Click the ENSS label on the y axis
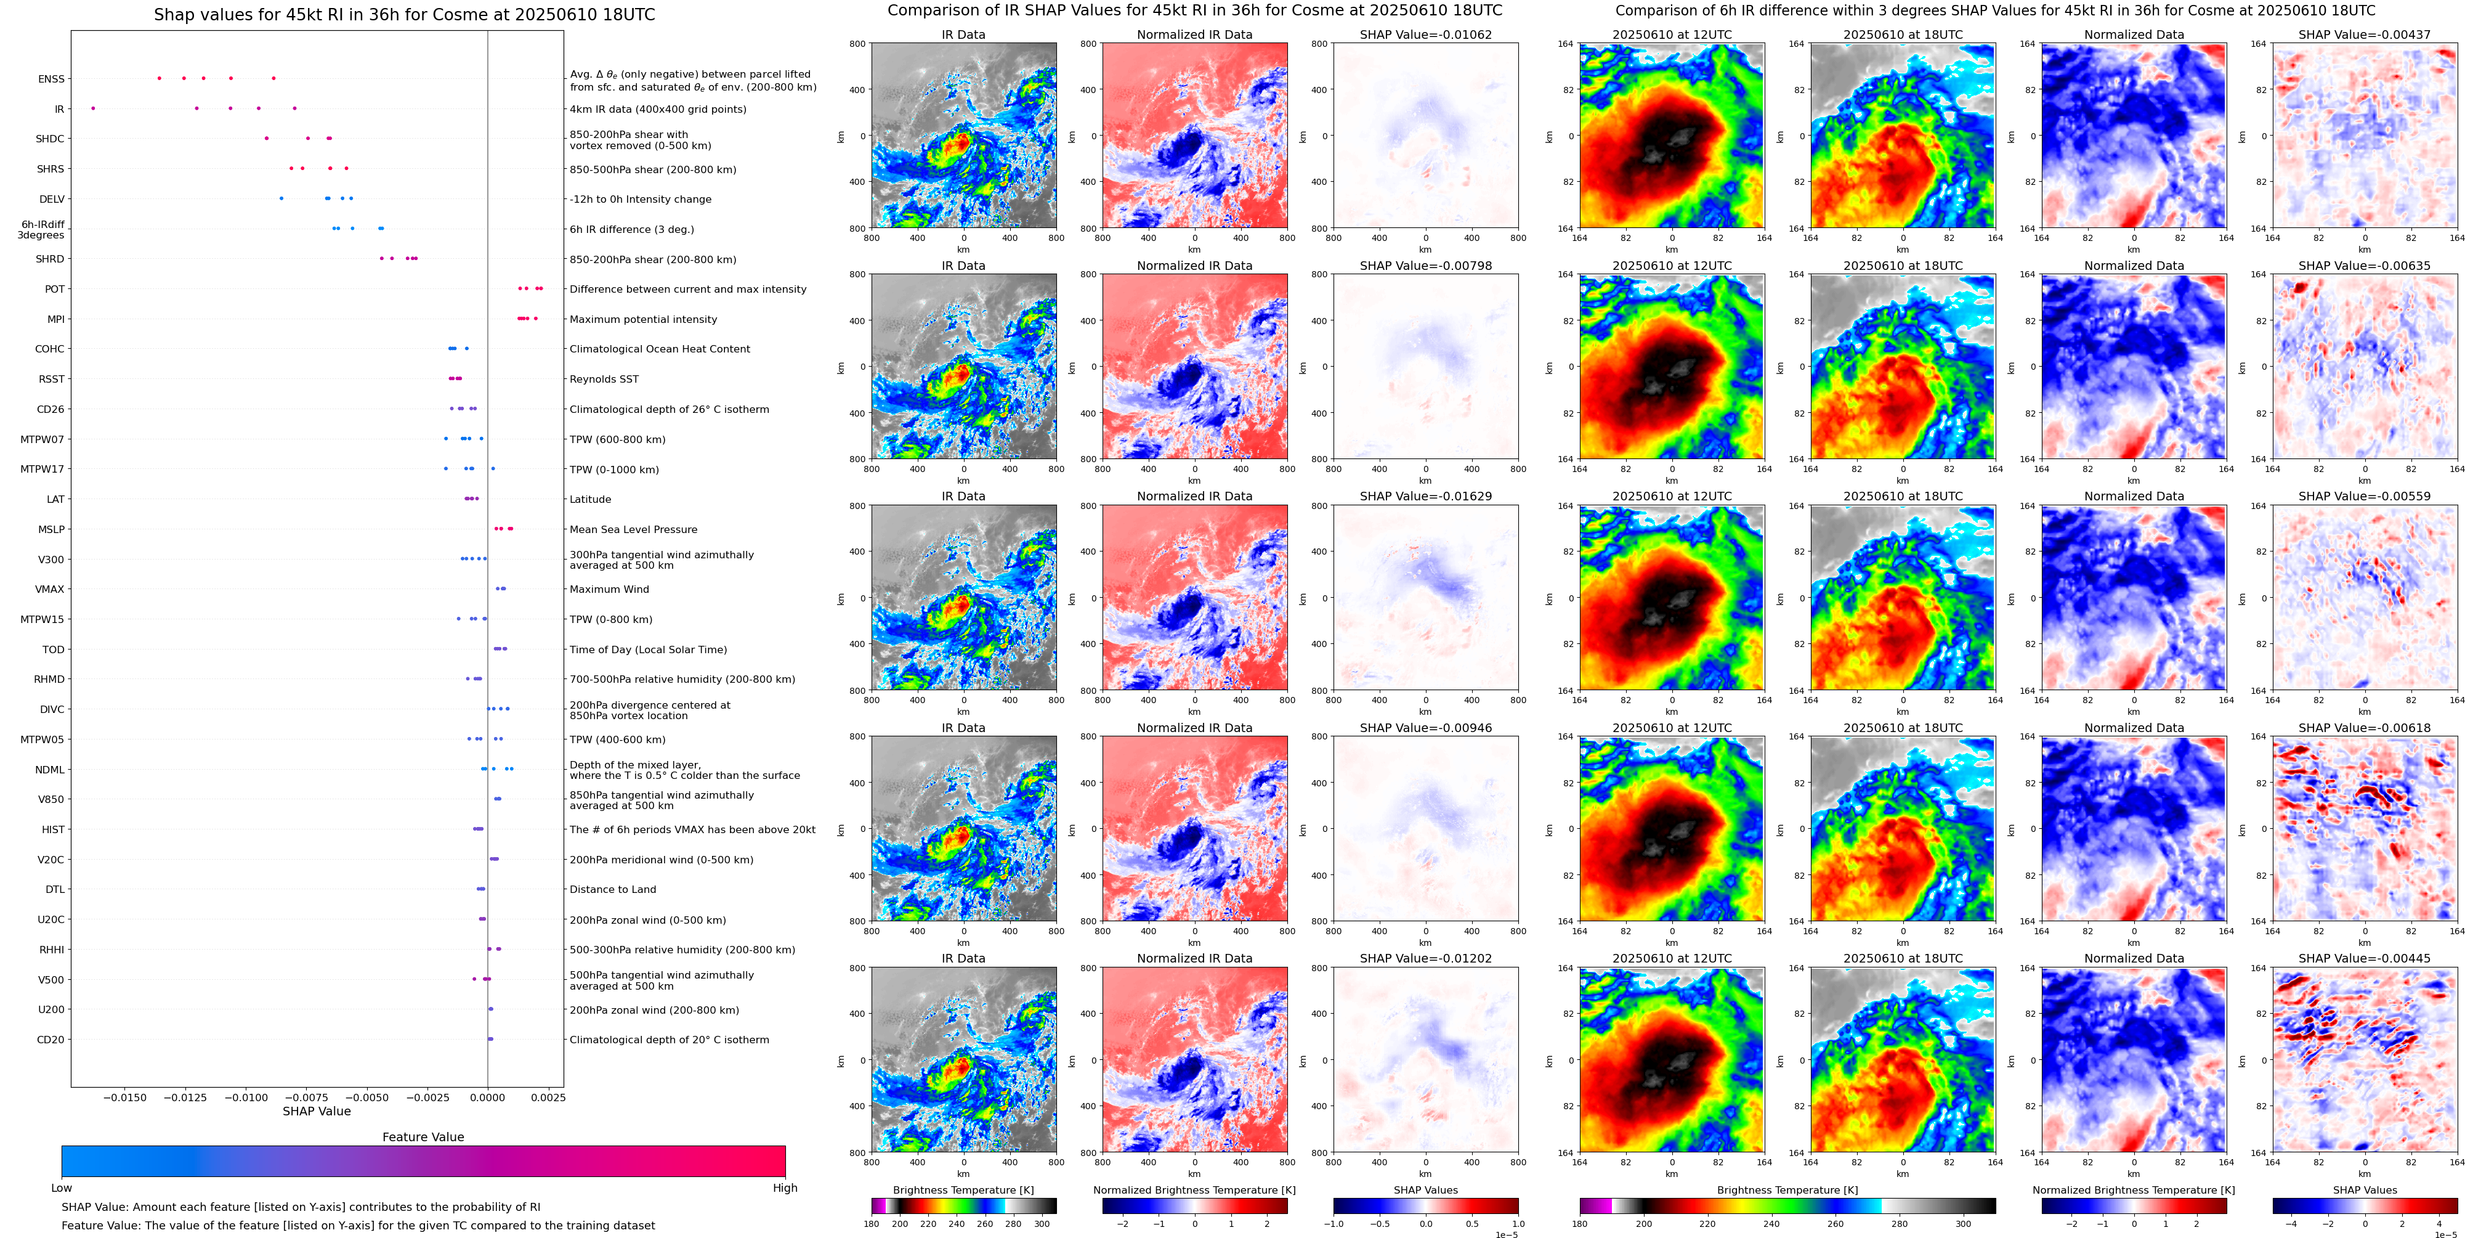51,79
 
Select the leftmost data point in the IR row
93,108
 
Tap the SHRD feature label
50,259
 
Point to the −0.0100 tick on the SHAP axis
247,1098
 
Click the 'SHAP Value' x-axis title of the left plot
317,1111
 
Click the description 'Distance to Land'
612,889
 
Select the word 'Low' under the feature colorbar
62,1188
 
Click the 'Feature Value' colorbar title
423,1137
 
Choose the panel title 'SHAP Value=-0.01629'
1426,497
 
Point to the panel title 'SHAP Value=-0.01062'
1426,35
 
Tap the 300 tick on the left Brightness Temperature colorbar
1042,1224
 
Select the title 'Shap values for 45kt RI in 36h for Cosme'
404,14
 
